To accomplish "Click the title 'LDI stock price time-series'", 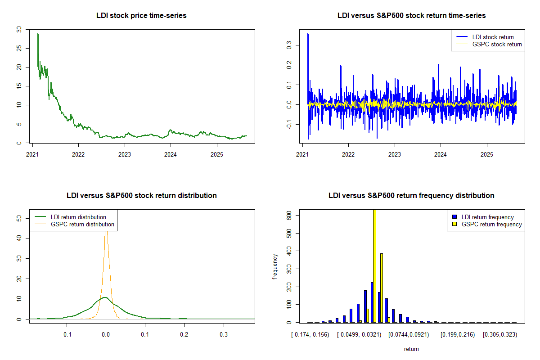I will click(141, 16).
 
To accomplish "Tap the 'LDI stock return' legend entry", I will click(493, 37).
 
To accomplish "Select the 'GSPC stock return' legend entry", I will click(497, 44).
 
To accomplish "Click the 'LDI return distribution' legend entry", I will click(78, 217).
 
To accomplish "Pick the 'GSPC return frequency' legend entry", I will click(491, 224).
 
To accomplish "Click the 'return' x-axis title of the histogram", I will click(411, 349).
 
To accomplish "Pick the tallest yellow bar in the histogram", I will click(374, 265).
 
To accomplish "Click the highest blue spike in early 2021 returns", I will click(308, 34).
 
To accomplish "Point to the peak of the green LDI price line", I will click(38, 34).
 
